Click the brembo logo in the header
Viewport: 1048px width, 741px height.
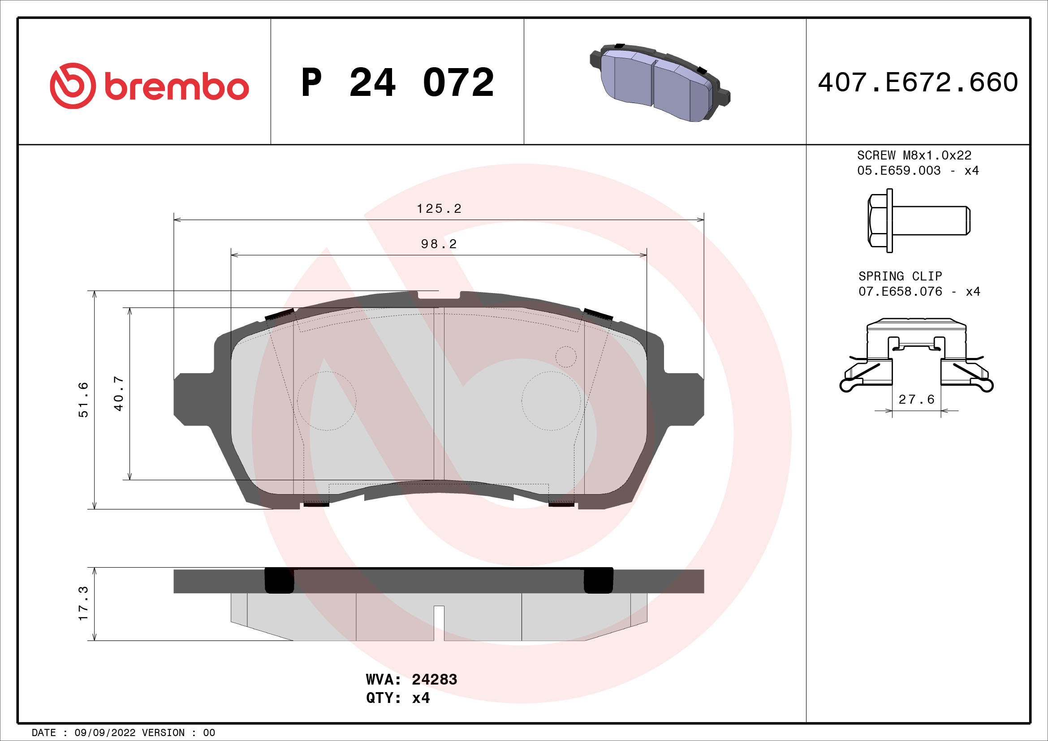pos(149,86)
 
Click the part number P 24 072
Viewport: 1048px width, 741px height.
pos(397,82)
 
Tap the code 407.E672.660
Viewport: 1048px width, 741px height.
pos(918,82)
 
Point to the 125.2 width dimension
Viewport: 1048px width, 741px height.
pos(439,208)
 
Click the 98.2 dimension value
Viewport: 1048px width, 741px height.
pos(439,244)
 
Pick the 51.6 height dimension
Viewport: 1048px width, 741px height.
pos(83,400)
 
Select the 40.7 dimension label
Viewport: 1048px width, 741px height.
pos(118,393)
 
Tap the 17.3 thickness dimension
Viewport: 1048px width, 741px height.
pos(83,603)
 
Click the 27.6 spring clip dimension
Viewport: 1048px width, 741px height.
pos(917,399)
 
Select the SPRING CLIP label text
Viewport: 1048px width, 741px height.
pos(900,276)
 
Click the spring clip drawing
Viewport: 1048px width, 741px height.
pos(917,354)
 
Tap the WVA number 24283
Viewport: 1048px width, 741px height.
pos(434,680)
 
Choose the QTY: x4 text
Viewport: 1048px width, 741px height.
pos(397,698)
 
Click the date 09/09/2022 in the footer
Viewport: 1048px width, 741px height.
pos(105,733)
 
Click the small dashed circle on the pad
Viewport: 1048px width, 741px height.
pos(565,357)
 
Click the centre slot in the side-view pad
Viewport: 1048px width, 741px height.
pos(439,622)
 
